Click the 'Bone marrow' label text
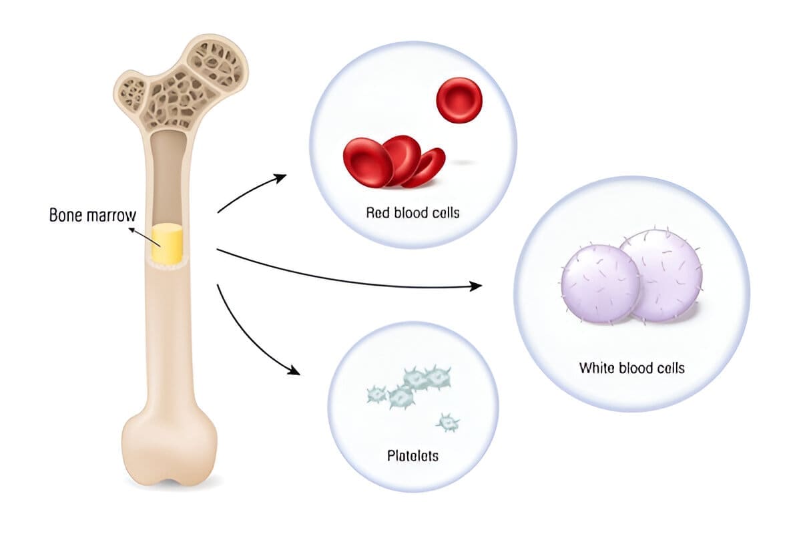(x=92, y=216)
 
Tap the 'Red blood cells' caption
(x=413, y=214)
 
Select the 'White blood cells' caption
(x=631, y=368)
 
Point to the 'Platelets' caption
(x=413, y=457)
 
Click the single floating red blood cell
(x=459, y=100)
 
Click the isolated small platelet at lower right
(x=447, y=422)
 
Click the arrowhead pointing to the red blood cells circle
(x=281, y=178)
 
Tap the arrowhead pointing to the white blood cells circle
(x=475, y=286)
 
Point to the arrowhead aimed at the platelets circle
(x=294, y=370)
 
